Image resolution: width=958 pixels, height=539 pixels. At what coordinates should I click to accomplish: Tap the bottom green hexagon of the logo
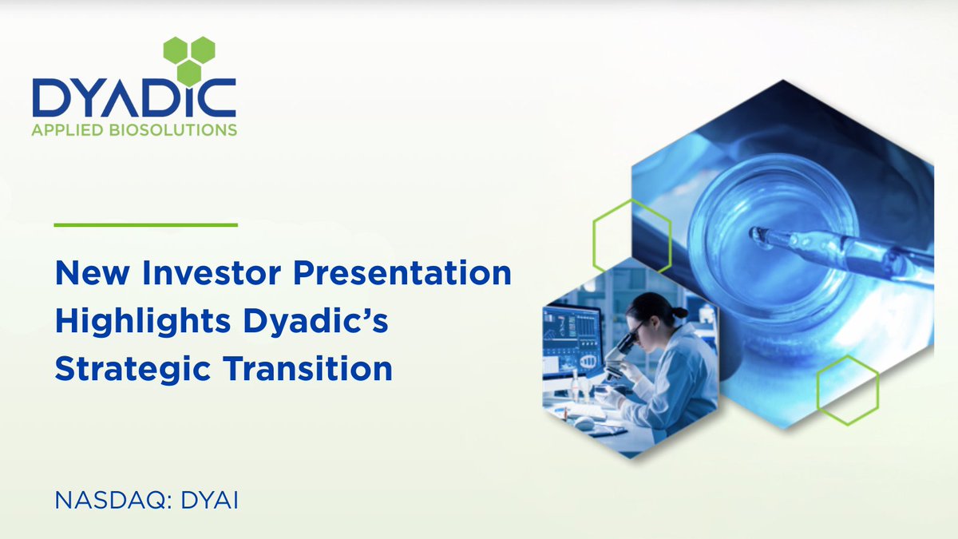188,73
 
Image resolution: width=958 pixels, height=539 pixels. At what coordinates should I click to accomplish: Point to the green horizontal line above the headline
145,225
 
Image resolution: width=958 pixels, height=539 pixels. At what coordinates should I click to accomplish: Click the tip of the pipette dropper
754,233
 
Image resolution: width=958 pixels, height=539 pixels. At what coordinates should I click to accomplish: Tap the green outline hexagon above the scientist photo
624,233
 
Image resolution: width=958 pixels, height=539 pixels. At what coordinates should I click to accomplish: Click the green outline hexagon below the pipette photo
847,390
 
